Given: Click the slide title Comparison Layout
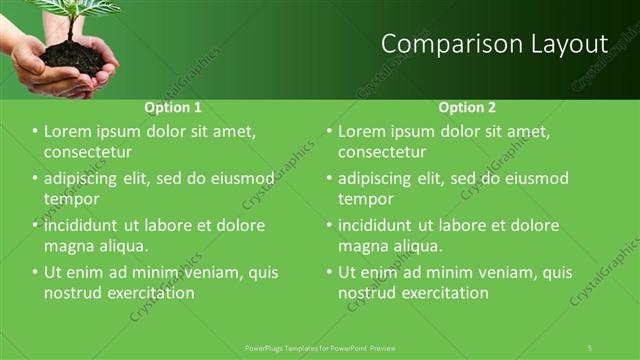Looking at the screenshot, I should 495,44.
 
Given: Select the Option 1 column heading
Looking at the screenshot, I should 173,107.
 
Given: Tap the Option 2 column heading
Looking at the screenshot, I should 467,107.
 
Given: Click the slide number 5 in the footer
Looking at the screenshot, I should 590,347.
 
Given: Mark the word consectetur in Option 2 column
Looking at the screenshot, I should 382,152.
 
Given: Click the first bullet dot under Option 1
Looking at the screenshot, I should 36,132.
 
